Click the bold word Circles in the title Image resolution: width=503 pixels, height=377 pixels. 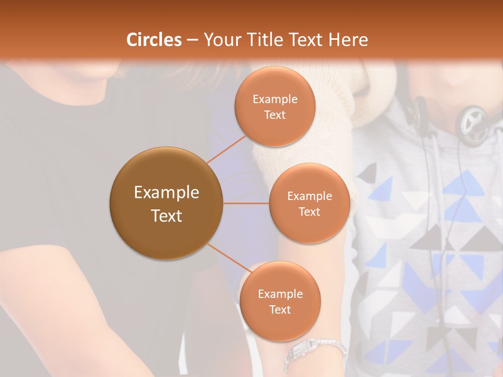click(x=154, y=40)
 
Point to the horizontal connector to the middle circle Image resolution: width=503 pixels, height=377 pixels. click(x=246, y=203)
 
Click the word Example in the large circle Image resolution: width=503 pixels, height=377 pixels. click(x=166, y=193)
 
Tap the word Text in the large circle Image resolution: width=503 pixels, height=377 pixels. click(x=166, y=216)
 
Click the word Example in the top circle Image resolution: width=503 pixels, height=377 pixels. click(x=275, y=99)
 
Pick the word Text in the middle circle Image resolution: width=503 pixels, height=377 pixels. click(x=309, y=212)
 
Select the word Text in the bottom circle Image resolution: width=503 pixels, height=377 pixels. click(x=280, y=309)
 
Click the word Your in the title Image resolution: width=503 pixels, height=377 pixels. click(x=221, y=40)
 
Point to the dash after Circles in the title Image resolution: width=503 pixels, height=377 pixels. click(x=192, y=40)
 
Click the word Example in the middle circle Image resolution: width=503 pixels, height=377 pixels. click(x=309, y=196)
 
